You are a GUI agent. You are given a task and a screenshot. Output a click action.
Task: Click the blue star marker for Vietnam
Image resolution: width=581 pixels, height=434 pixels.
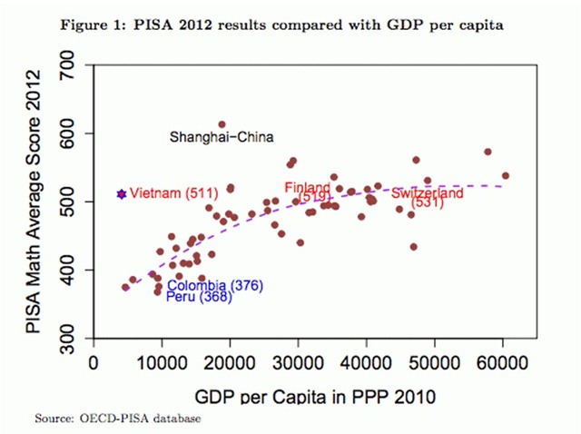point(121,193)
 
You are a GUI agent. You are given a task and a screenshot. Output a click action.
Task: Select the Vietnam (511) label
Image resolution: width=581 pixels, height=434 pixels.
point(168,193)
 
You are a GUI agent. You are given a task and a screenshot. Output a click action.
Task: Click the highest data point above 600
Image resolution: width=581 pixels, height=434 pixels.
point(222,124)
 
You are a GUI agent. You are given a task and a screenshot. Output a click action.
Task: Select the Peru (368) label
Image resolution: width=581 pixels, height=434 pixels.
point(199,297)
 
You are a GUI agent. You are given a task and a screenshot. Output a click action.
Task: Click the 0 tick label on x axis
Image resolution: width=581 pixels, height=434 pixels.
point(94,362)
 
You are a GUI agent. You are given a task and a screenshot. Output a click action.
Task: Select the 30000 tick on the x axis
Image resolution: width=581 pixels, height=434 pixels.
point(299,362)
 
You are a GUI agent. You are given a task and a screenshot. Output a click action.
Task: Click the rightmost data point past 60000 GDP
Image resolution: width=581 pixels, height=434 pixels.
point(506,175)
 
